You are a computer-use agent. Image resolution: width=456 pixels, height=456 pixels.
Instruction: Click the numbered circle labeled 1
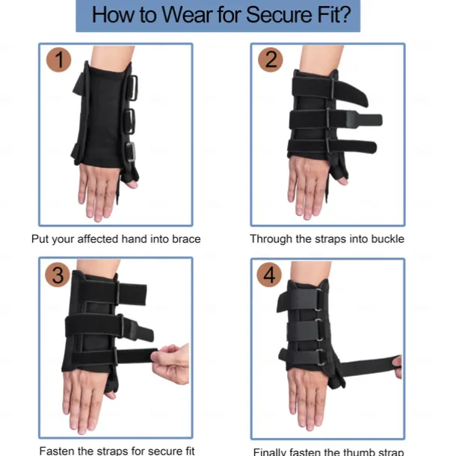pyautogui.click(x=59, y=60)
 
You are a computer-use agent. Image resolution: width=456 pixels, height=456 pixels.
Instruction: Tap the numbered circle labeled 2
pyautogui.click(x=271, y=60)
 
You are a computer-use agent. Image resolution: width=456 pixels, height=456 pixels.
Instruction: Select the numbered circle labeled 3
pyautogui.click(x=58, y=275)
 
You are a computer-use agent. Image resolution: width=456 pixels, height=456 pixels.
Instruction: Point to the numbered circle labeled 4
pyautogui.click(x=269, y=275)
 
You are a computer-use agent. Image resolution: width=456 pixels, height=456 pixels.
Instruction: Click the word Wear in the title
pyautogui.click(x=187, y=14)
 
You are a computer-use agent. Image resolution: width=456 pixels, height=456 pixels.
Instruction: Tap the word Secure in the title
pyautogui.click(x=280, y=14)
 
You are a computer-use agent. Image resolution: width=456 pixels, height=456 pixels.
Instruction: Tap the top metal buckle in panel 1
pyautogui.click(x=133, y=87)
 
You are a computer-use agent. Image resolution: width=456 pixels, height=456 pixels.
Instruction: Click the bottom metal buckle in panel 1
pyautogui.click(x=131, y=152)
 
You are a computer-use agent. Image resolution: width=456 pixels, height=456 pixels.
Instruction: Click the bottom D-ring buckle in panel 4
pyautogui.click(x=321, y=358)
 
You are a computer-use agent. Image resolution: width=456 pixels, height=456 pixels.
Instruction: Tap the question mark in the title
pyautogui.click(x=345, y=14)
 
